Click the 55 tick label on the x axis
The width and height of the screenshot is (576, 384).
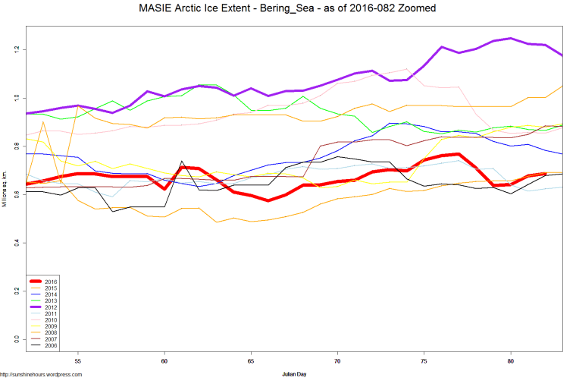coord(77,362)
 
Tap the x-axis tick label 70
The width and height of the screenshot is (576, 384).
coord(337,362)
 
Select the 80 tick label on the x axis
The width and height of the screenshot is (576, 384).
coord(511,362)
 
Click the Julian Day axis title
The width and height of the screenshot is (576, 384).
coord(293,374)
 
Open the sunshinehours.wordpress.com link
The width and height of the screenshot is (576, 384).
coord(41,375)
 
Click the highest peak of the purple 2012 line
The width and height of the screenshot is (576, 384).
coord(512,38)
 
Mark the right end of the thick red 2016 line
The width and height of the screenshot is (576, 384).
coord(545,174)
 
